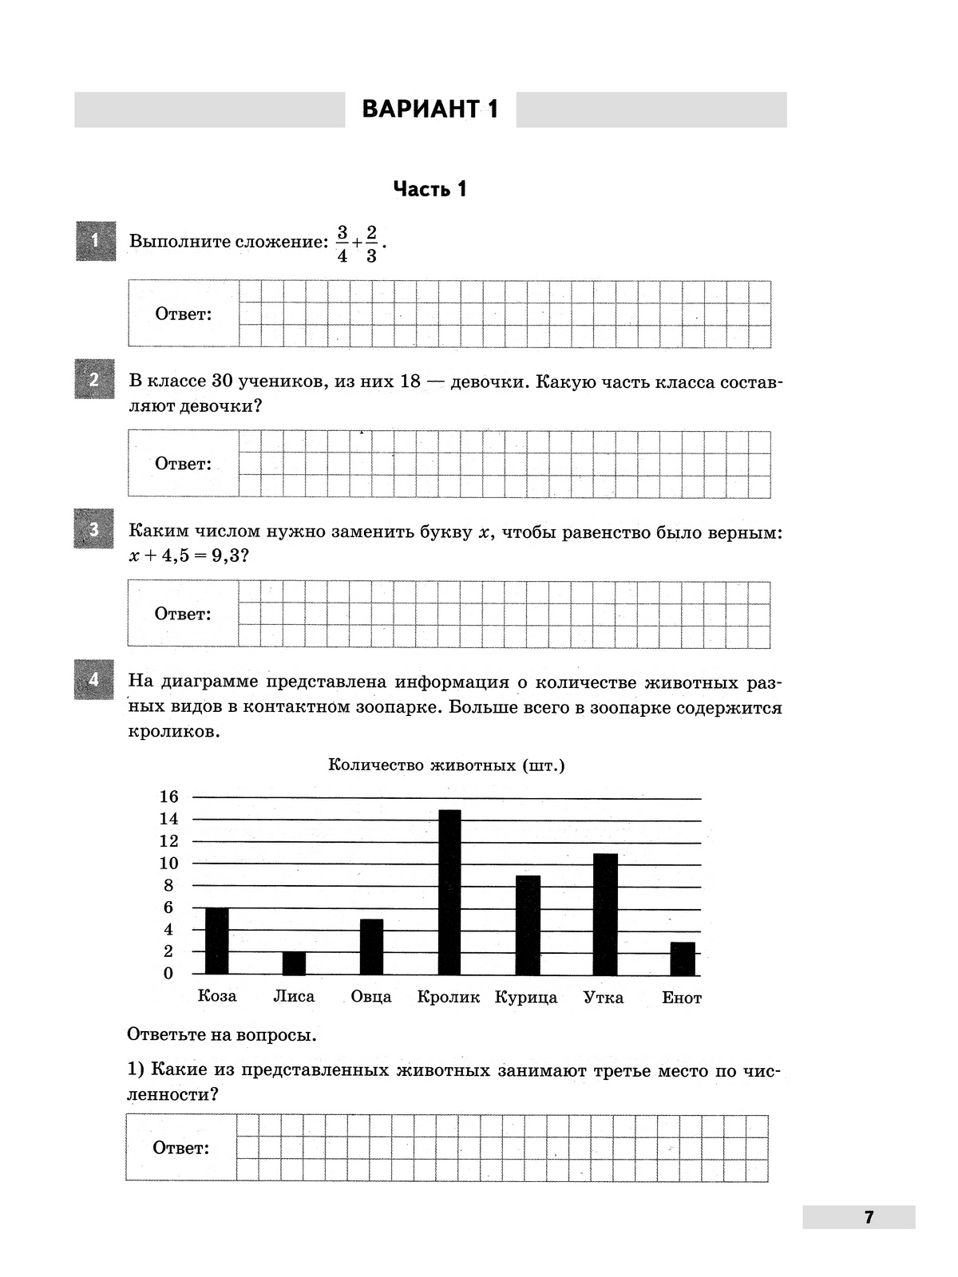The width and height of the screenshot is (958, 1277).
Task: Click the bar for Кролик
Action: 449,892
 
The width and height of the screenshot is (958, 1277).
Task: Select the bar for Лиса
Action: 294,963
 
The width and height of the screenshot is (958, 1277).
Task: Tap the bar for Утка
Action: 605,914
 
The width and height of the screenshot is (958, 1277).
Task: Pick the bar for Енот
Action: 683,959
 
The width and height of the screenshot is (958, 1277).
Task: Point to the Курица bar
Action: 528,925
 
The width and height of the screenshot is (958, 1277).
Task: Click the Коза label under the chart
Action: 217,996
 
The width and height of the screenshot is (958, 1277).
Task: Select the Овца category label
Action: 371,997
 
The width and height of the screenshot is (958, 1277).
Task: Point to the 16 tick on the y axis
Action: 169,797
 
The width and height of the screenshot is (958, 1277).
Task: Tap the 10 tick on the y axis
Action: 169,864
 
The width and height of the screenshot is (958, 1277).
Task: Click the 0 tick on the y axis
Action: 168,973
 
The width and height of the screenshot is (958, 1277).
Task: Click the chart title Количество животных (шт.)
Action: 446,765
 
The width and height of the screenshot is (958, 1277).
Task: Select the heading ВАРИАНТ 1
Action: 430,109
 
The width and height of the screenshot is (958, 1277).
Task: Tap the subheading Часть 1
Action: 430,189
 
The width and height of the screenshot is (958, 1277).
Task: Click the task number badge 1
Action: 95,240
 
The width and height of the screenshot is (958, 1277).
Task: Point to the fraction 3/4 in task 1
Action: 342,243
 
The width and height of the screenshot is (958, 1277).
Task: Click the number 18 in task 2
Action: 410,382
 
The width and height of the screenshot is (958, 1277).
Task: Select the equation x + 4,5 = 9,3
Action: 188,555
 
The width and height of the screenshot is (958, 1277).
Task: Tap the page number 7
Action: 869,1217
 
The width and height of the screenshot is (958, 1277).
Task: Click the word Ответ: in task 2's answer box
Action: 184,464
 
